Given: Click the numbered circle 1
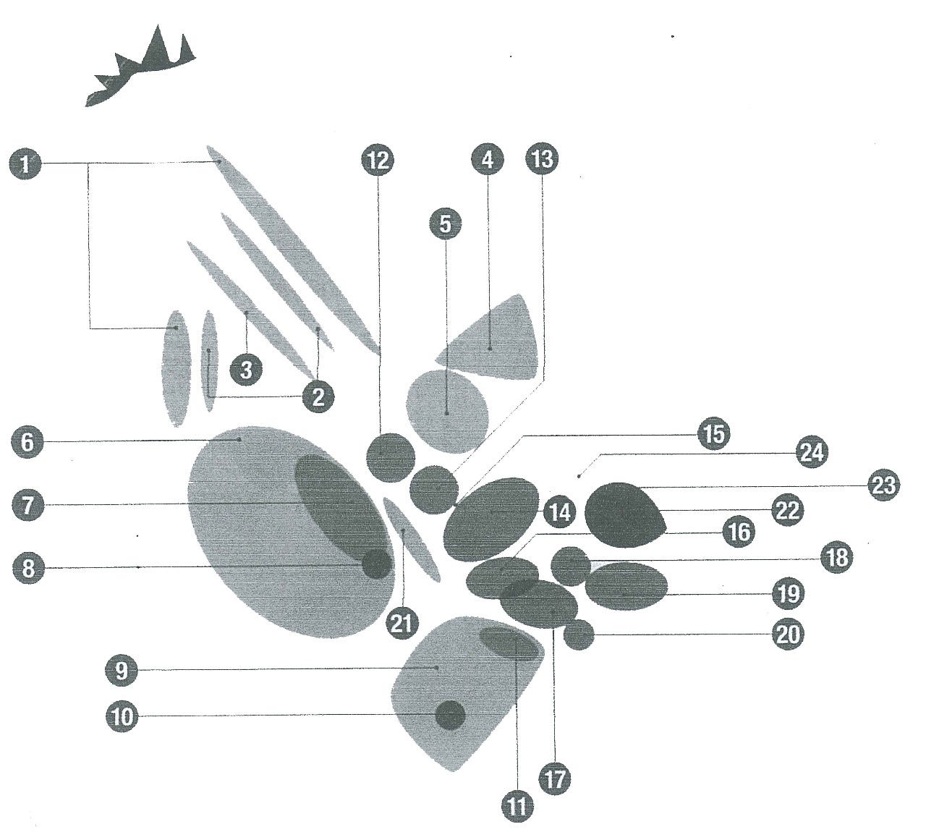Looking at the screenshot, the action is pos(25,164).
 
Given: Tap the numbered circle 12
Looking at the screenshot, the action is pos(378,160).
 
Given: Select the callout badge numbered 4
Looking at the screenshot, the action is pos(488,160).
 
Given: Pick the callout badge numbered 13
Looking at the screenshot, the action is pos(542,159).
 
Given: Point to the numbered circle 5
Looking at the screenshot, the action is pos(445,224).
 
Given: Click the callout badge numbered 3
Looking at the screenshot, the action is pos(247,370).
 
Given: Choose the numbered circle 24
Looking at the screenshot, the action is pos(812,453).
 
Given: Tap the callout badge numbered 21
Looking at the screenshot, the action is pos(402,623).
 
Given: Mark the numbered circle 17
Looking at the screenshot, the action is pos(555,778).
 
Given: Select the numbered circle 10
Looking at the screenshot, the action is pos(122,716).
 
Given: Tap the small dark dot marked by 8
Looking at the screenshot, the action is pos(377,564).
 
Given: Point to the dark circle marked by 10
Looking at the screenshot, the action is pos(450,715).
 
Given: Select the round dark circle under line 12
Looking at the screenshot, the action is pos(391,457).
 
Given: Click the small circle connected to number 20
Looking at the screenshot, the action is pos(579,634).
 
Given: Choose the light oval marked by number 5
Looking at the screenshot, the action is pos(448,412).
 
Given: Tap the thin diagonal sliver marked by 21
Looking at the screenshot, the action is pos(412,540).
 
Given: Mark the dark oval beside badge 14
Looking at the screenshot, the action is pos(491,519).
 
